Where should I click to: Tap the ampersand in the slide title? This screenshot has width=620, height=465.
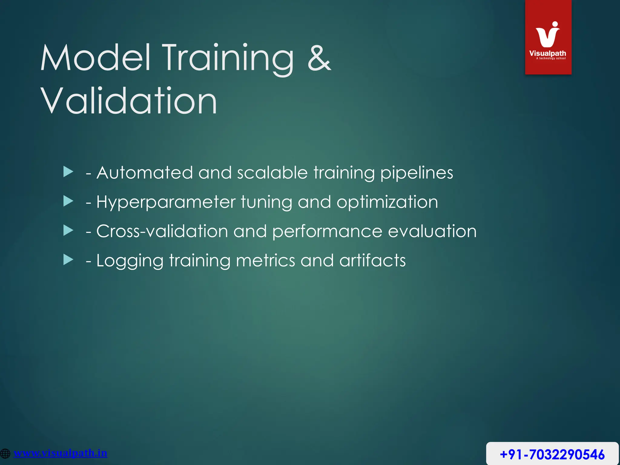pos(319,58)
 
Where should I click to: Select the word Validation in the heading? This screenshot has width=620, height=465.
pos(129,101)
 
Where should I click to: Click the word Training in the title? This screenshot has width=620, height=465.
pos(229,58)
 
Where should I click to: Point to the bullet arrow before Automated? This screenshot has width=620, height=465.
pos(68,172)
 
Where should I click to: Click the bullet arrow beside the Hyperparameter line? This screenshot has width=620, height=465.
pos(68,201)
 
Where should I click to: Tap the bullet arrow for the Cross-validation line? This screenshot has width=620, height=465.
pos(68,230)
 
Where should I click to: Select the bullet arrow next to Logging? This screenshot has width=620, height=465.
pos(68,260)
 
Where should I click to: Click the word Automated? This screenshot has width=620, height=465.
pos(144,173)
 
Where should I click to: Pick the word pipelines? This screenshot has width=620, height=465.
pos(417,173)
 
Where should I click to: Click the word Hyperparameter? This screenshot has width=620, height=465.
pos(166,202)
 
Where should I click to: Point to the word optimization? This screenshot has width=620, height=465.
pos(387,202)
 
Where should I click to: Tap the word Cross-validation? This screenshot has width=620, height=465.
pos(162,231)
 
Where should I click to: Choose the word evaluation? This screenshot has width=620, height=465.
pos(432,231)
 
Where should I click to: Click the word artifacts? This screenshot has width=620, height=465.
pos(372,260)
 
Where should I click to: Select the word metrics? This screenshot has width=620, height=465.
pos(265,260)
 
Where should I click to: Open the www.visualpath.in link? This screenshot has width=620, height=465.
pos(61,453)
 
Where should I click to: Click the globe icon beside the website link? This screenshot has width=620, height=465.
pos(5,453)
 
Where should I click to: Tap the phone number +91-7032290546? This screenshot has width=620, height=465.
pos(552,454)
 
